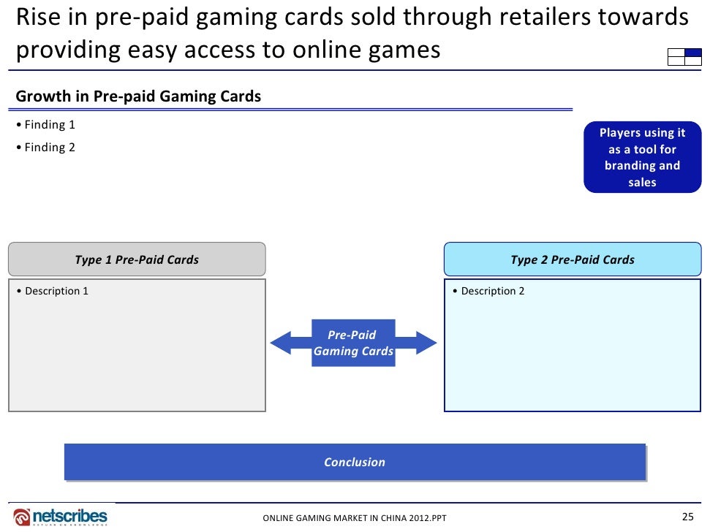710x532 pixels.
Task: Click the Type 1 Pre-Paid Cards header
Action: pyautogui.click(x=137, y=259)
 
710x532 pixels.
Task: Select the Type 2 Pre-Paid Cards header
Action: pyautogui.click(x=573, y=259)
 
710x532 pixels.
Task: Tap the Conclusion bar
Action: pyautogui.click(x=355, y=462)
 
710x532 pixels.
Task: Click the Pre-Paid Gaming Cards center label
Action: pyautogui.click(x=353, y=343)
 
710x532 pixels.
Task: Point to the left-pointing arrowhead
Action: pyautogui.click(x=282, y=342)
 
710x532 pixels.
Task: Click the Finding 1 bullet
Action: pyautogui.click(x=46, y=125)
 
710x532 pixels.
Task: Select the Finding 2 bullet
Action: pyautogui.click(x=46, y=148)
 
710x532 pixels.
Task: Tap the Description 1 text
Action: pyautogui.click(x=53, y=291)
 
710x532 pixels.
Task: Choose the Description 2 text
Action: pyautogui.click(x=489, y=291)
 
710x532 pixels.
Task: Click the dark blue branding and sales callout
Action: pyautogui.click(x=642, y=157)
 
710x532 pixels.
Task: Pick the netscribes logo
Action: pyautogui.click(x=61, y=516)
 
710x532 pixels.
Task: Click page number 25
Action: pyautogui.click(x=687, y=517)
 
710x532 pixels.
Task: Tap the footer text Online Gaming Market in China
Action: pyautogui.click(x=355, y=519)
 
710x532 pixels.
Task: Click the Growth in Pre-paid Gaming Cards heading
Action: pyautogui.click(x=138, y=96)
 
